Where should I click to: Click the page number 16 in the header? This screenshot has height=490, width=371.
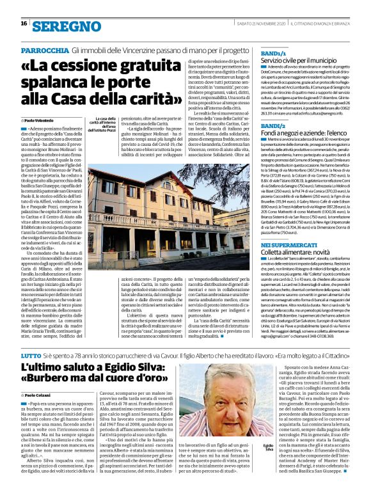coord(24,24)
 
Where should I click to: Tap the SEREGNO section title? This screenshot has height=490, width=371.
coord(58,26)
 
